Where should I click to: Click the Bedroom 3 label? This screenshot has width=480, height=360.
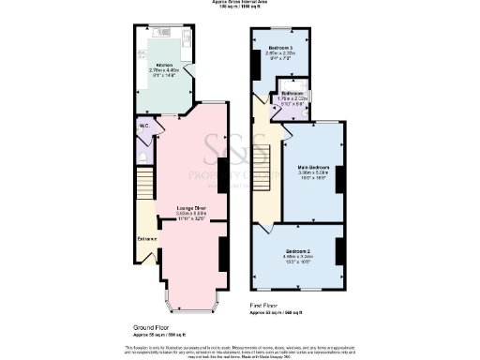(x=280, y=47)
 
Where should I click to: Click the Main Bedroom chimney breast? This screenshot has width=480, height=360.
(x=341, y=178)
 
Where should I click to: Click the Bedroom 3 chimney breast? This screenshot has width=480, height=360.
(x=256, y=63)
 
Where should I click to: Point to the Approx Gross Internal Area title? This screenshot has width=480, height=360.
(x=240, y=4)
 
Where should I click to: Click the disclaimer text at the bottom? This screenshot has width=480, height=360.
(x=240, y=349)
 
